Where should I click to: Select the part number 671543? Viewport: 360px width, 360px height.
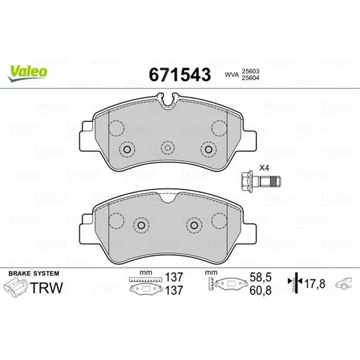pyautogui.click(x=179, y=74)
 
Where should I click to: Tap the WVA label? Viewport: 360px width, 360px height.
pyautogui.click(x=231, y=74)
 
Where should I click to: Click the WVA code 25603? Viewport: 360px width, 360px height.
pyautogui.click(x=250, y=71)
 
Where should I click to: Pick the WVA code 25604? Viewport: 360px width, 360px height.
pyautogui.click(x=250, y=78)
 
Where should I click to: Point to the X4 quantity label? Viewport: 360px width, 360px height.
pyautogui.click(x=264, y=168)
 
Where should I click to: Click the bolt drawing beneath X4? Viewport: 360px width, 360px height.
pyautogui.click(x=262, y=181)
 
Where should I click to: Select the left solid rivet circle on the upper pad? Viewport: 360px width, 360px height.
pyautogui.click(x=127, y=150)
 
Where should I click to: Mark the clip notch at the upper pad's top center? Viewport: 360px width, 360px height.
pyautogui.click(x=167, y=102)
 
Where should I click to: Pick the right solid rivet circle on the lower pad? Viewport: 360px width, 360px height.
pyautogui.click(x=194, y=225)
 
